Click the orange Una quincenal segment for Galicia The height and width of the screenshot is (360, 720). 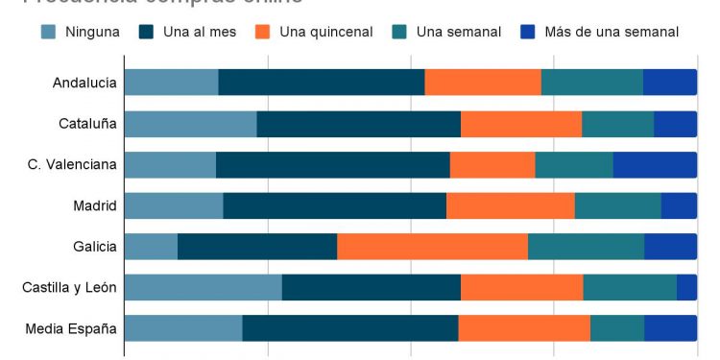[432, 247]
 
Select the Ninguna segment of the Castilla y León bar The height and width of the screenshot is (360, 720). [203, 288]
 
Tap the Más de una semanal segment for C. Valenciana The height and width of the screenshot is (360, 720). [655, 165]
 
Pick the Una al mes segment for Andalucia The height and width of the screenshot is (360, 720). [322, 84]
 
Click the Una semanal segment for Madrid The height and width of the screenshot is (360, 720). [617, 206]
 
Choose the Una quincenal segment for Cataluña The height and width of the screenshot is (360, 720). [521, 125]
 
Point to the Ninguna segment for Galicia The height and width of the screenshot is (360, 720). [151, 247]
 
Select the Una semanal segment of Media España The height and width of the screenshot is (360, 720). [616, 329]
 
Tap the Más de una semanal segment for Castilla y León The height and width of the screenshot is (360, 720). [686, 288]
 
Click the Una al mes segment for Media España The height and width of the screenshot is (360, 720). [350, 329]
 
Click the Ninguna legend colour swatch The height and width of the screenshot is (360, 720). [48, 32]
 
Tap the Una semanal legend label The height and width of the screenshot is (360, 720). [459, 32]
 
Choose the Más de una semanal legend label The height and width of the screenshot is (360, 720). [611, 32]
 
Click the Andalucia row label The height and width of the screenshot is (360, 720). [84, 84]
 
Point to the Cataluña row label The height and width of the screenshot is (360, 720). [87, 125]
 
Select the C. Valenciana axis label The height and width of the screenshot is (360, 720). [72, 165]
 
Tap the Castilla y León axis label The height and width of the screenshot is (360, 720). [69, 288]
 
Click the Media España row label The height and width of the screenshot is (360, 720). [71, 329]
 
